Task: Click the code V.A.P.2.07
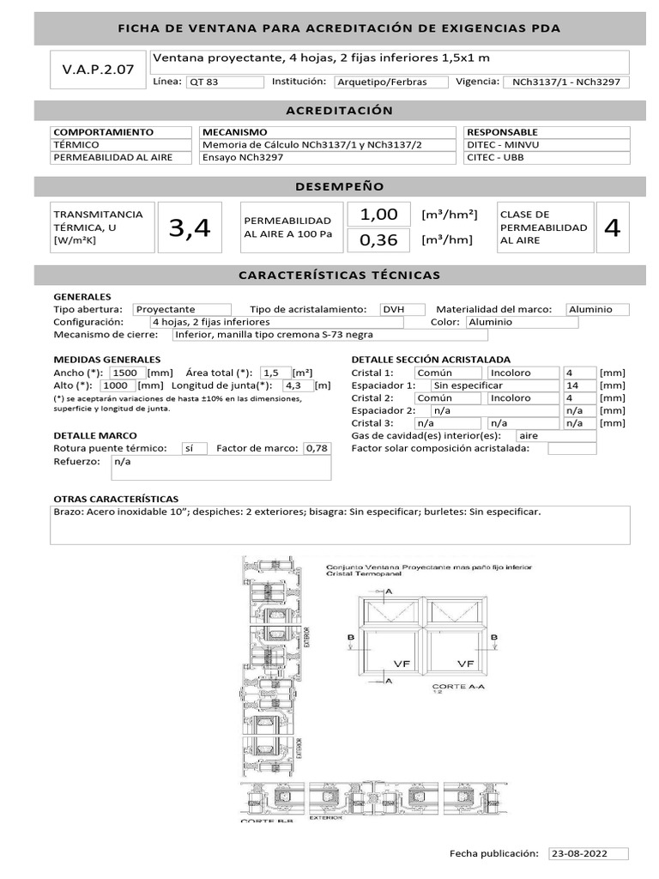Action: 98,70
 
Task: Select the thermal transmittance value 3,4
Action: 190,228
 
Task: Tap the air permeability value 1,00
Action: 378,215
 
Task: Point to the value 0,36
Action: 378,240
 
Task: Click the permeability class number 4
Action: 612,228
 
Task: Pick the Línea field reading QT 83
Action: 225,82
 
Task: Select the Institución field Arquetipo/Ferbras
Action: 392,82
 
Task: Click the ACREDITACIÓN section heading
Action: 339,111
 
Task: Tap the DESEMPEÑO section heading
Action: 339,187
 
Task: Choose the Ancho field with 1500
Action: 126,373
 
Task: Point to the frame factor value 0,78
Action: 317,448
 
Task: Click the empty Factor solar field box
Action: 571,448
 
